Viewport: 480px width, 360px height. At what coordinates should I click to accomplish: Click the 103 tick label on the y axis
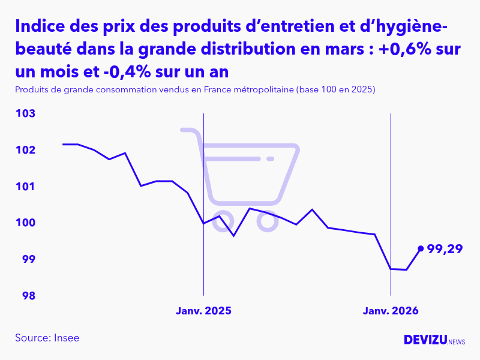point(26,113)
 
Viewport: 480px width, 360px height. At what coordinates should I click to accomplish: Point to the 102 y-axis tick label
point(26,150)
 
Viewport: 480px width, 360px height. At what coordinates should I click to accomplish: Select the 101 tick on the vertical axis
point(26,187)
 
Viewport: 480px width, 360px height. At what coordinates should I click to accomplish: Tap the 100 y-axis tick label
point(26,223)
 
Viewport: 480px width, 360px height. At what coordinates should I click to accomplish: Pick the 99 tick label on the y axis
point(29,259)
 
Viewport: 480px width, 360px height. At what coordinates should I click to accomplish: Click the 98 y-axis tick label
point(29,296)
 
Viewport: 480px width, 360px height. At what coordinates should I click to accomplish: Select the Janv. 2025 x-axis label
point(203,311)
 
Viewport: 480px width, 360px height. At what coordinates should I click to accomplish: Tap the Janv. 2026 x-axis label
point(391,311)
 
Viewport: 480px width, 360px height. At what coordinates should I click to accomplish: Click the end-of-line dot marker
point(421,248)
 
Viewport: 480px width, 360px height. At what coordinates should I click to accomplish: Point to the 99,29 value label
point(445,248)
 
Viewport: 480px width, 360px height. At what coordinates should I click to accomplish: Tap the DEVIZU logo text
point(425,340)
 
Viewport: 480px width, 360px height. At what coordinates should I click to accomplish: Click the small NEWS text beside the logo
point(457,341)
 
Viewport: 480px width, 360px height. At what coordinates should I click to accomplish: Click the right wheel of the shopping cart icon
point(267,221)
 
